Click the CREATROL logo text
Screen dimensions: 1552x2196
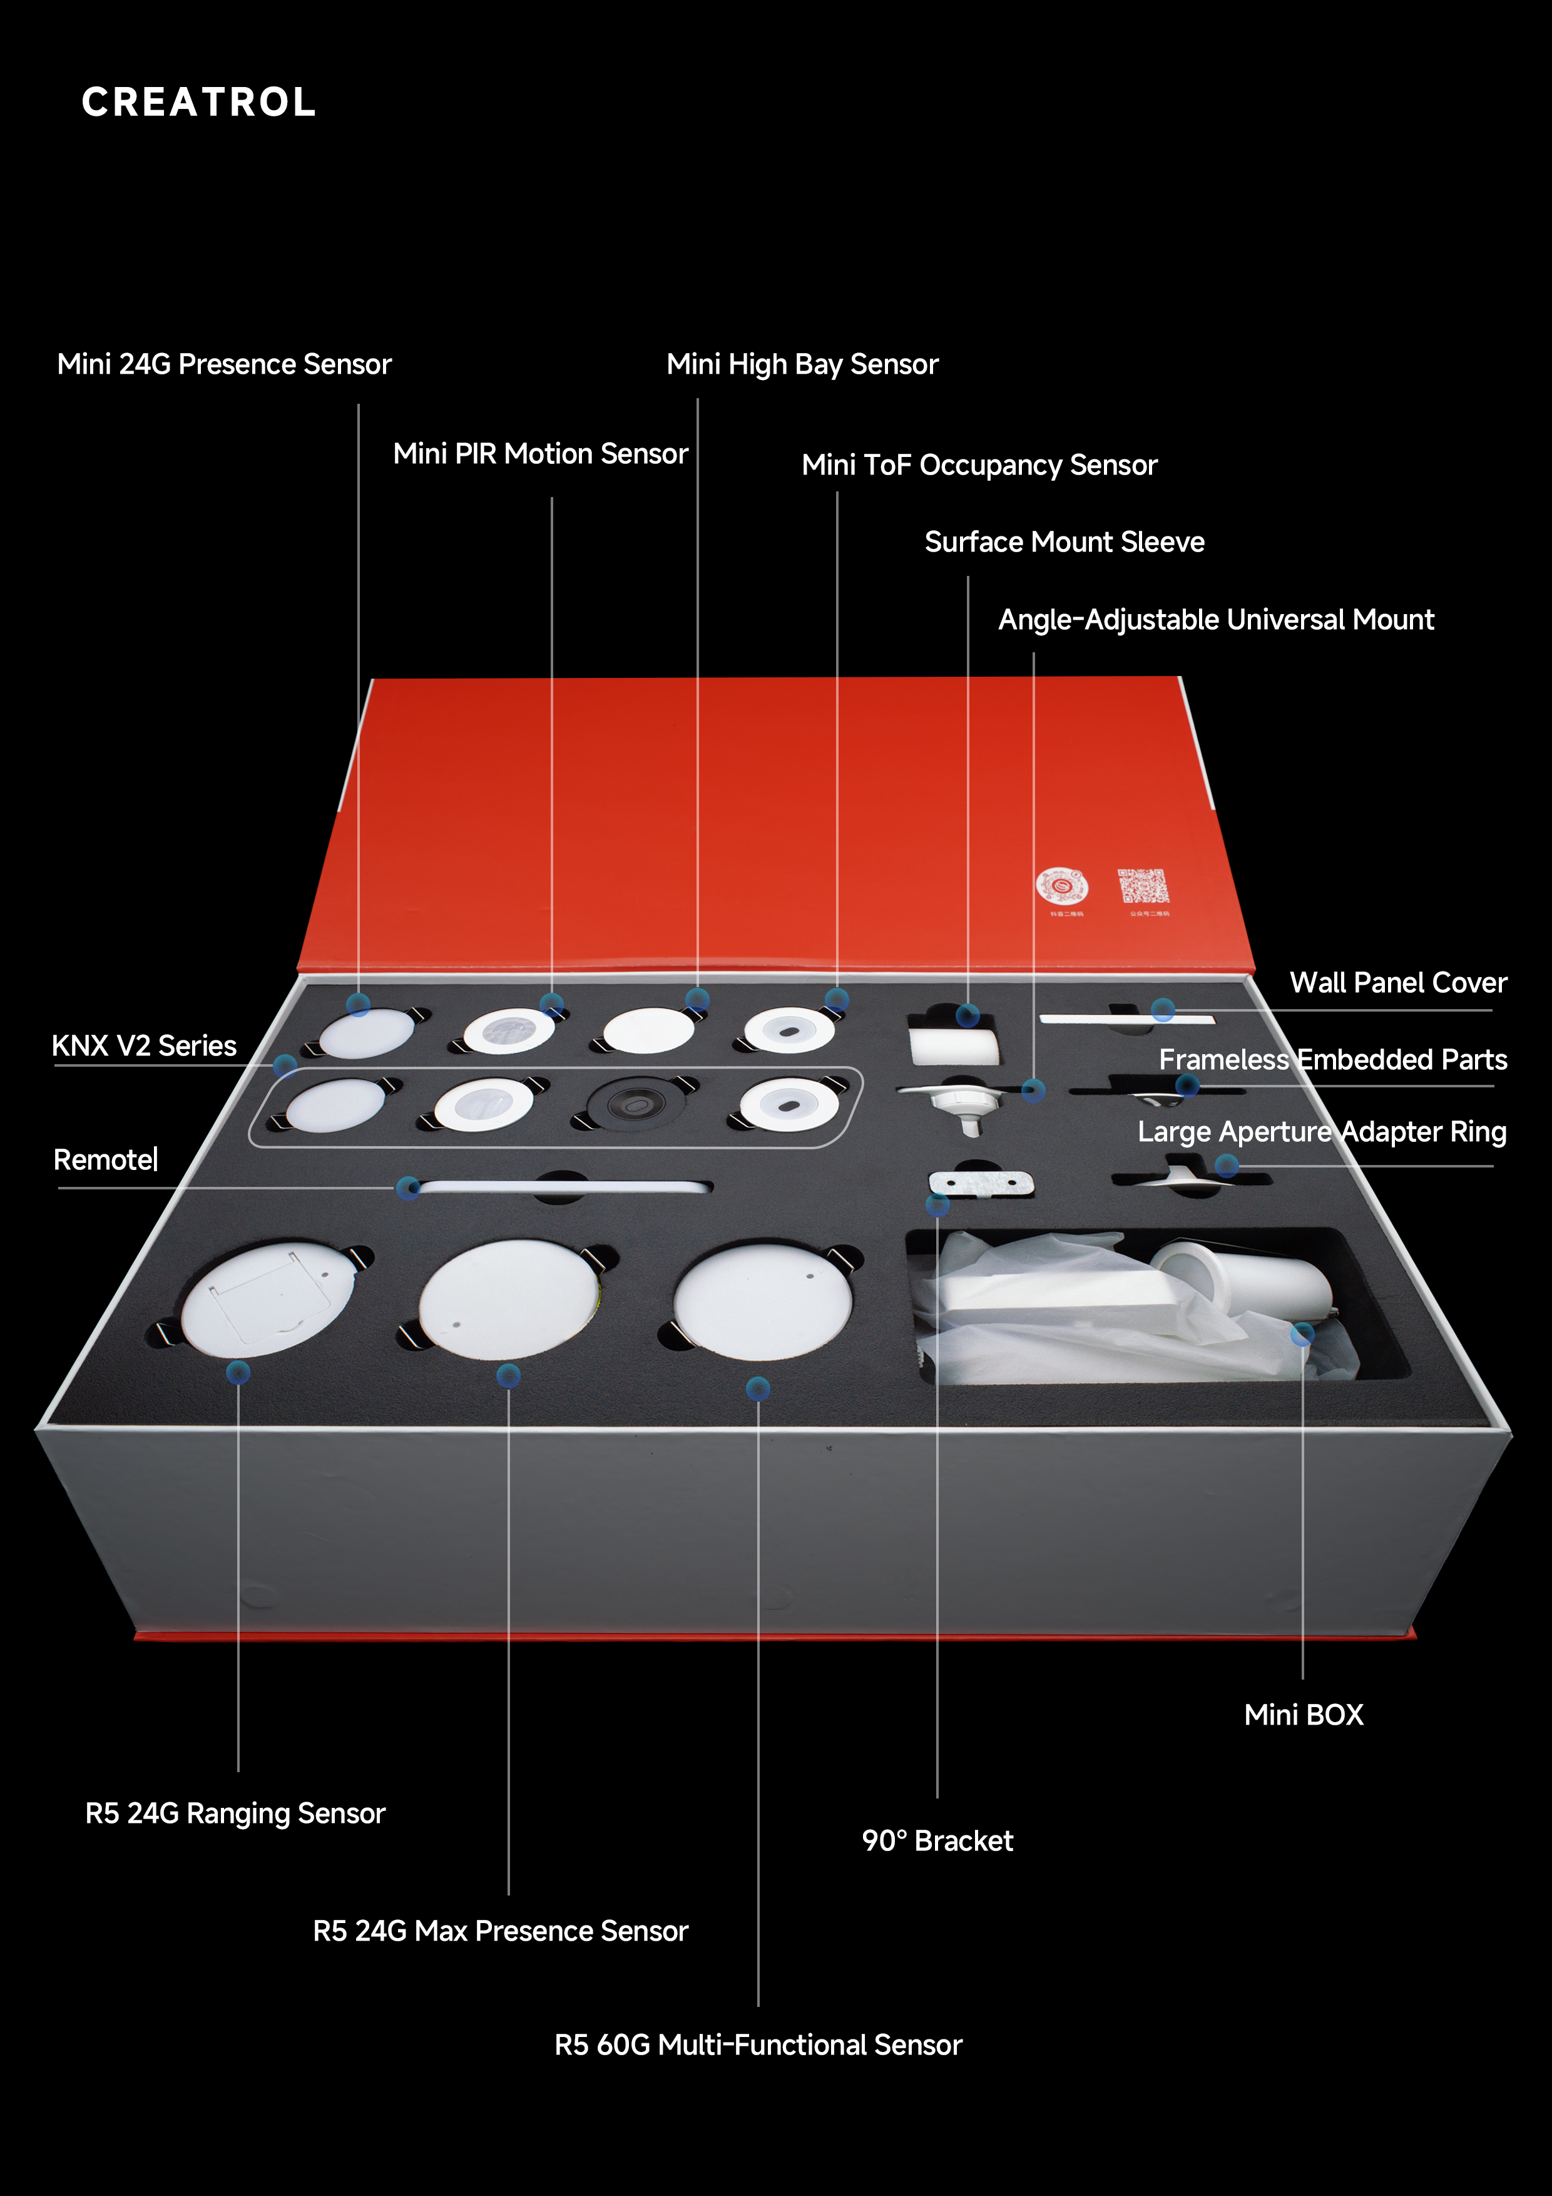(x=199, y=102)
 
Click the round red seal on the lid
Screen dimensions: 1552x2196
(x=1061, y=886)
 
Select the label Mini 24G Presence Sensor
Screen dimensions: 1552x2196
(x=225, y=364)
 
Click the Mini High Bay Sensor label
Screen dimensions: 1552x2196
(x=802, y=364)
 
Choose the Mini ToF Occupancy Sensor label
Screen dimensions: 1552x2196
(x=979, y=466)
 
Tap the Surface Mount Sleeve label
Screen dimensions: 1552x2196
(x=1064, y=542)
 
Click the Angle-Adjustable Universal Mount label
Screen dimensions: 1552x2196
(x=1217, y=620)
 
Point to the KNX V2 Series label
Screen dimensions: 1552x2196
(x=145, y=1045)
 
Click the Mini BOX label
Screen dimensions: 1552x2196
(x=1304, y=1715)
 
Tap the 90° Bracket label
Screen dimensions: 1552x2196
(x=937, y=1841)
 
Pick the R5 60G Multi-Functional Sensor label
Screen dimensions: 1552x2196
(x=758, y=2045)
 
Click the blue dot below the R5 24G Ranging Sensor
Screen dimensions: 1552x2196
(x=238, y=1372)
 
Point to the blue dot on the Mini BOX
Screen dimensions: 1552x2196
(x=1302, y=1334)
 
